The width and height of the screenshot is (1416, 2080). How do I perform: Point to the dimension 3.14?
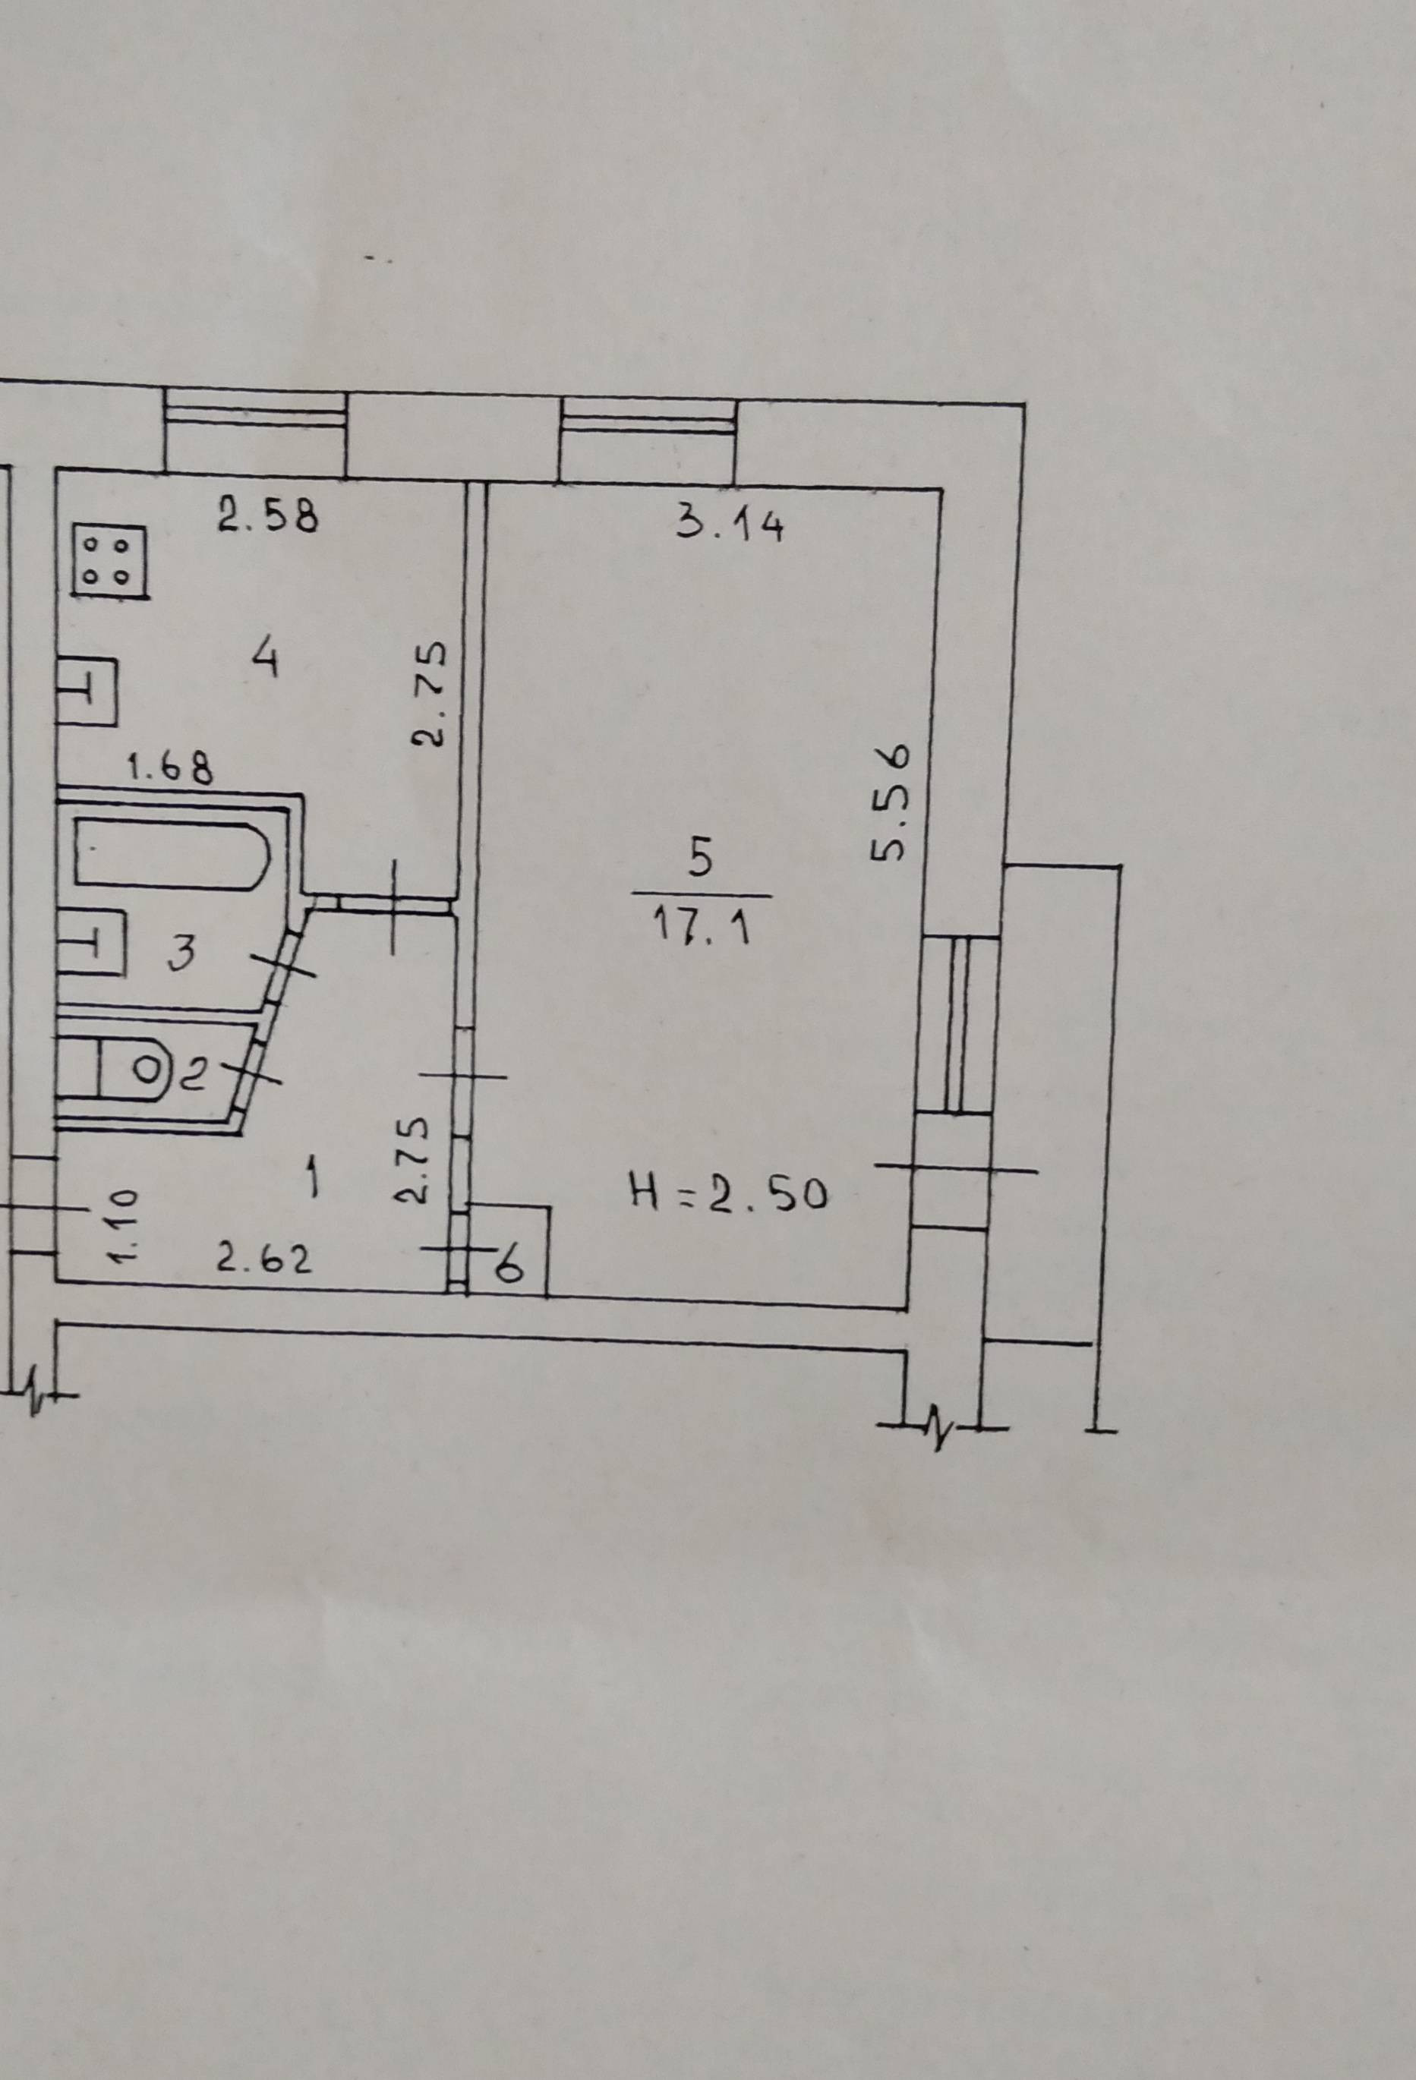[x=729, y=525]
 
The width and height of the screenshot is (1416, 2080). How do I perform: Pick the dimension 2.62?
[x=265, y=1259]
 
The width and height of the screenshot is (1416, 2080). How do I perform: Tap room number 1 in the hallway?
[x=312, y=1182]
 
